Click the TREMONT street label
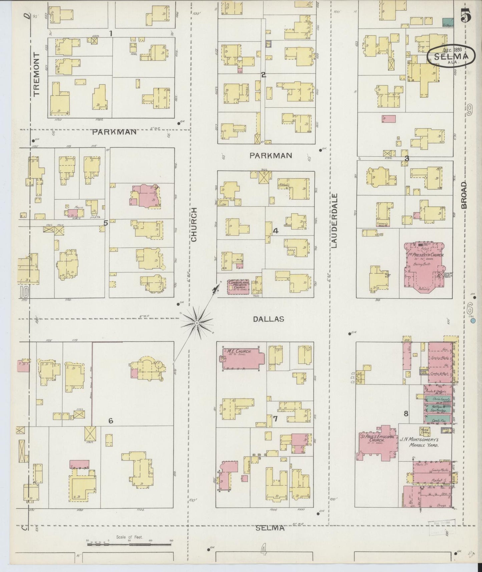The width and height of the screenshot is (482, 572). click(36, 74)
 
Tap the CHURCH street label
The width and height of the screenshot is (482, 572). click(194, 224)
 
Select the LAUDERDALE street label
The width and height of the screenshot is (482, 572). click(335, 221)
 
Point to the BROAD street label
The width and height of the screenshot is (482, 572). click(464, 195)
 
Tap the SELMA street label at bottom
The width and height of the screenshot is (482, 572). click(270, 528)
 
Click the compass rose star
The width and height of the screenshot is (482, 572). click(197, 323)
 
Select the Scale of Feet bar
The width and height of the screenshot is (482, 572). click(130, 544)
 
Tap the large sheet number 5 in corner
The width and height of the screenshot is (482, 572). click(466, 16)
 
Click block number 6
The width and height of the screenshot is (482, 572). click(110, 421)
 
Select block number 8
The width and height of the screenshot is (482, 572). click(406, 414)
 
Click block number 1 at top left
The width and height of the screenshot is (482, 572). click(110, 33)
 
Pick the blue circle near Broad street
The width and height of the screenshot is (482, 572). click(473, 321)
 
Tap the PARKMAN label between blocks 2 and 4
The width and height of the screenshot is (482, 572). click(271, 156)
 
